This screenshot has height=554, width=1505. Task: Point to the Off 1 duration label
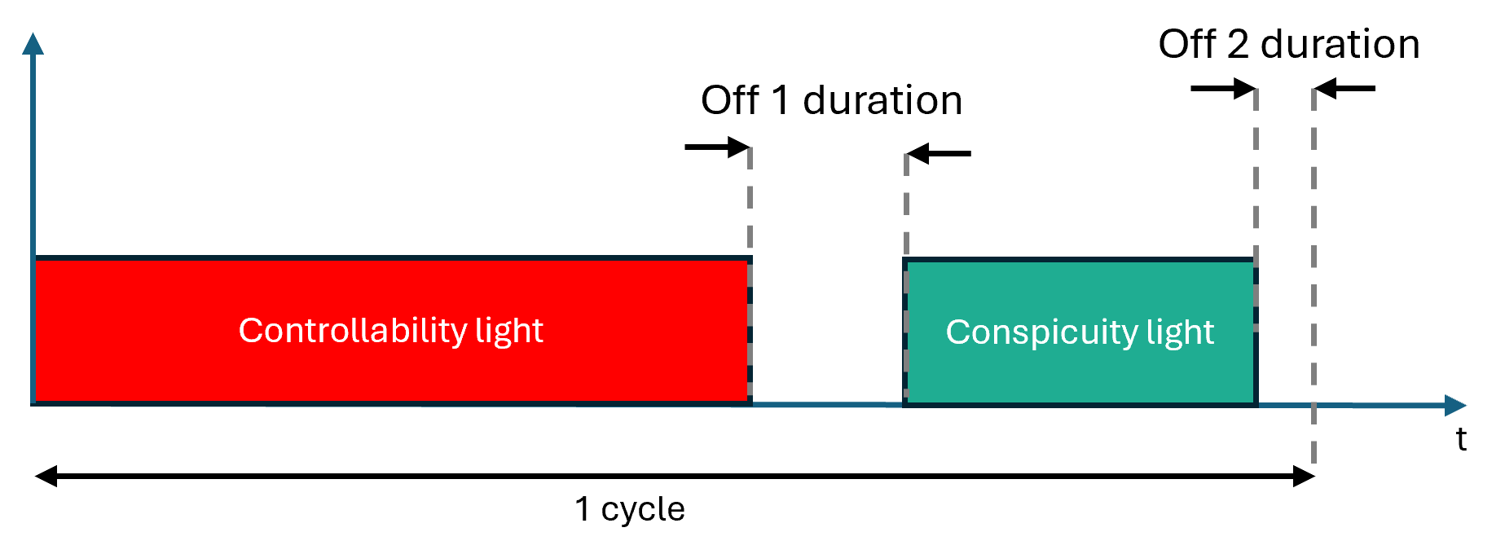pyautogui.click(x=831, y=101)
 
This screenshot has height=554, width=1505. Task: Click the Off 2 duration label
pyautogui.click(x=1288, y=44)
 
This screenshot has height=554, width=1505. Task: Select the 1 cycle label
pyautogui.click(x=629, y=509)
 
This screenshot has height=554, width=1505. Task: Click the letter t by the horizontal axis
pyautogui.click(x=1461, y=440)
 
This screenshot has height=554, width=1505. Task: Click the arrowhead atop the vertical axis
pyautogui.click(x=33, y=44)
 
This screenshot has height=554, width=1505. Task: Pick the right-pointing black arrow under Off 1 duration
pyautogui.click(x=716, y=147)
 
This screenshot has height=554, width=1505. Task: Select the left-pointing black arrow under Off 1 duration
pyautogui.click(x=939, y=153)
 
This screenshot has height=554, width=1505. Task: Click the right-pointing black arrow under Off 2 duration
pyautogui.click(x=1222, y=88)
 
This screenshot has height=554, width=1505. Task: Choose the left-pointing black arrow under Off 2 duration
pyautogui.click(x=1345, y=88)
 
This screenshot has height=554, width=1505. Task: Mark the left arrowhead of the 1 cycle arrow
pyautogui.click(x=46, y=476)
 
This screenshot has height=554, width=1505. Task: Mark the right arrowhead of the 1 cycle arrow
pyautogui.click(x=1304, y=476)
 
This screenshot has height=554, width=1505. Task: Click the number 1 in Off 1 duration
pyautogui.click(x=780, y=101)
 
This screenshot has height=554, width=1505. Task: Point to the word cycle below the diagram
pyautogui.click(x=643, y=510)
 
